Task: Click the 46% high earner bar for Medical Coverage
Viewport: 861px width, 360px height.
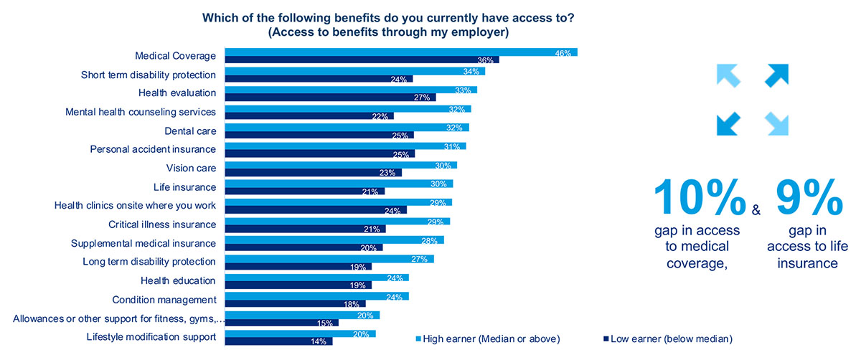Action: coord(401,52)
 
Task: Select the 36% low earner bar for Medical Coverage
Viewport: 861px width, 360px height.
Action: coord(362,60)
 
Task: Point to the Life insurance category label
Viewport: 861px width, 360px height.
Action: coord(184,187)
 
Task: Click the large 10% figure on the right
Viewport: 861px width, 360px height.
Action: coord(699,198)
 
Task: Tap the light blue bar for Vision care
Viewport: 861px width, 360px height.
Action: coord(341,165)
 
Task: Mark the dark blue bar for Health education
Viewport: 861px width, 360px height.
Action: coord(298,285)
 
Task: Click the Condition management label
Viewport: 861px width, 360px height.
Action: coord(164,300)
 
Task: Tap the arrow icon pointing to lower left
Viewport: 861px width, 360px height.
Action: coord(728,123)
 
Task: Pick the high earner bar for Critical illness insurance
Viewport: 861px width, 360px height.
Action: coord(338,221)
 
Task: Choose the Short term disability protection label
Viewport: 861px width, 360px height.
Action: coord(149,75)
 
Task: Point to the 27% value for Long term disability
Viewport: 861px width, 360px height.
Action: coord(420,259)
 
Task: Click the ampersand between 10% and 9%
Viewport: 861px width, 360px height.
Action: coord(756,210)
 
